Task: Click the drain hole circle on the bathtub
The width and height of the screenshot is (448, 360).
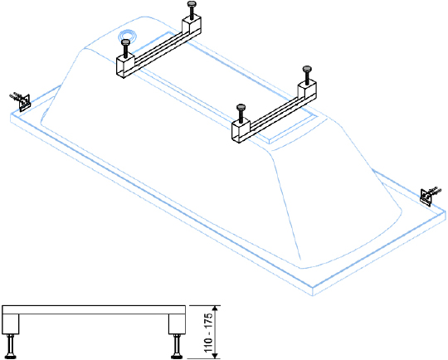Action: click(x=127, y=36)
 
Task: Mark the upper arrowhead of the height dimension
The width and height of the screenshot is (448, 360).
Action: click(x=216, y=309)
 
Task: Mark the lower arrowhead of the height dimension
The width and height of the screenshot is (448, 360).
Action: click(x=216, y=355)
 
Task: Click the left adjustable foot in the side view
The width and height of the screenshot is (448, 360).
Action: click(x=11, y=346)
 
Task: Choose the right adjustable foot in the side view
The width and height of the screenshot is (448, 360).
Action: click(x=176, y=346)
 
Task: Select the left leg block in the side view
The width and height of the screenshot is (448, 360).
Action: click(x=11, y=324)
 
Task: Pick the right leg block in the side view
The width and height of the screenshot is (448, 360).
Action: click(x=177, y=324)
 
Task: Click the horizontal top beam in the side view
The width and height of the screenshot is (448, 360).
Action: click(x=94, y=309)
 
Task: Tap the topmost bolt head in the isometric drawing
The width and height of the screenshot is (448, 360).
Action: click(x=192, y=4)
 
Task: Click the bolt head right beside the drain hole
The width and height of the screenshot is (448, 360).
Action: click(x=126, y=42)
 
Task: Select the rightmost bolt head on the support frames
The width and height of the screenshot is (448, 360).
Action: click(x=307, y=69)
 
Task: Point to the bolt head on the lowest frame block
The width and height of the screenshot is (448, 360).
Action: click(x=241, y=108)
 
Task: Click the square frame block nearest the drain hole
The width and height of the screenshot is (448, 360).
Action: click(x=125, y=66)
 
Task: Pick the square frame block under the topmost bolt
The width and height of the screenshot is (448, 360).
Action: click(x=192, y=27)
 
